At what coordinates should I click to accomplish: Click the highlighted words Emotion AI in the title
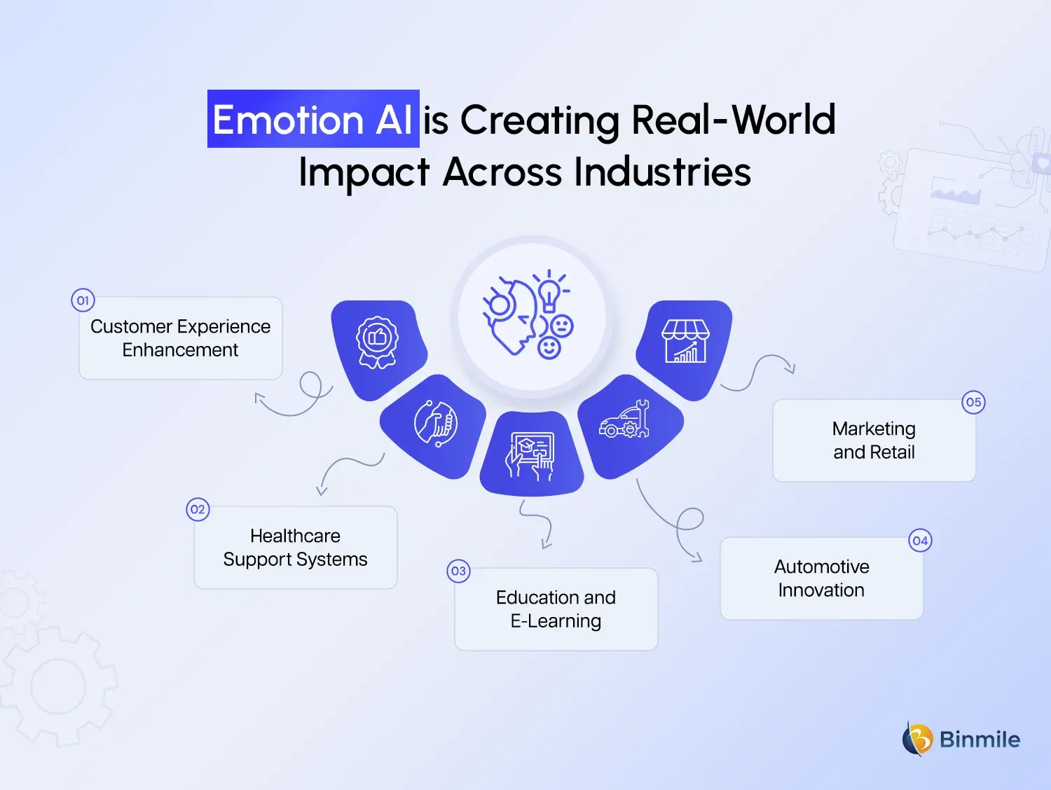click(312, 119)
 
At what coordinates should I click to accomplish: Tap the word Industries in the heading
click(662, 172)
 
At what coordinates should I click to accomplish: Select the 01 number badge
click(83, 300)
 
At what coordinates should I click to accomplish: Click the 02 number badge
click(198, 509)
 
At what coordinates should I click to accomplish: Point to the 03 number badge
click(458, 571)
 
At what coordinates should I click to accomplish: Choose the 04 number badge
click(920, 541)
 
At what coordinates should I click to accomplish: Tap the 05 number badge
click(973, 402)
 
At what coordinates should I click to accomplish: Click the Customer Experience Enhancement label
click(180, 338)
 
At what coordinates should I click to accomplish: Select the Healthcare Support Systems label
click(295, 548)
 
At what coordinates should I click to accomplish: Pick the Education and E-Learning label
click(556, 609)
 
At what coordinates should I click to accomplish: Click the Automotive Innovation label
click(821, 578)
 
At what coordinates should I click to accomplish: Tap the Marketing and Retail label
click(874, 441)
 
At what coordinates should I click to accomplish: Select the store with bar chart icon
click(685, 341)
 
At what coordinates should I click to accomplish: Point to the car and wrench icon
click(625, 420)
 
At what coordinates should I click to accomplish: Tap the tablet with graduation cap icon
click(531, 455)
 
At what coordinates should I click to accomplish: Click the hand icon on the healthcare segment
click(436, 423)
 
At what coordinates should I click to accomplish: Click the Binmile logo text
click(979, 740)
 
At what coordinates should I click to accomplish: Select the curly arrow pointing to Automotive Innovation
click(673, 522)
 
